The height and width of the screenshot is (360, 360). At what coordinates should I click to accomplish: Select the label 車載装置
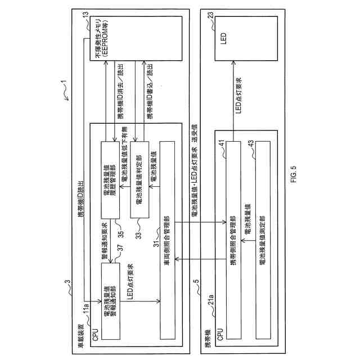80,332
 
